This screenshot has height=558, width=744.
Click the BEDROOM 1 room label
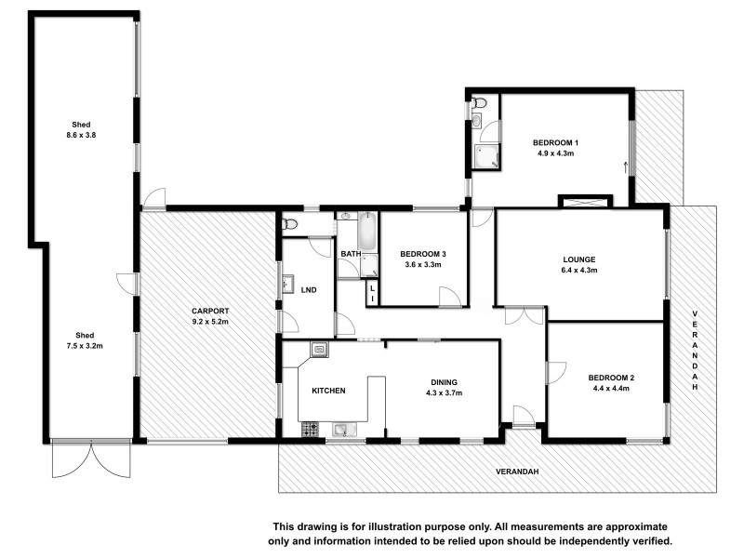click(555, 142)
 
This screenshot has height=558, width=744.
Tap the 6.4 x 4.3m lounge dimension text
click(578, 271)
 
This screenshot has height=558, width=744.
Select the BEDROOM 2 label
click(611, 377)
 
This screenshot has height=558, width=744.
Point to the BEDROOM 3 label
click(423, 254)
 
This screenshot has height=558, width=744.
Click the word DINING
click(443, 381)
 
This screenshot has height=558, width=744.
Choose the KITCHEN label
click(328, 391)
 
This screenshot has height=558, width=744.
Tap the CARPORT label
click(210, 311)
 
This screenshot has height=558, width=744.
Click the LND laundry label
click(309, 290)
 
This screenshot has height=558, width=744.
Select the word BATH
click(351, 254)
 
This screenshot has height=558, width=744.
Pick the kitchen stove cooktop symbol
click(310, 429)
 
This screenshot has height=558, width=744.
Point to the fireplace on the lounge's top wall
click(584, 201)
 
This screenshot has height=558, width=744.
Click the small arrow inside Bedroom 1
click(625, 167)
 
